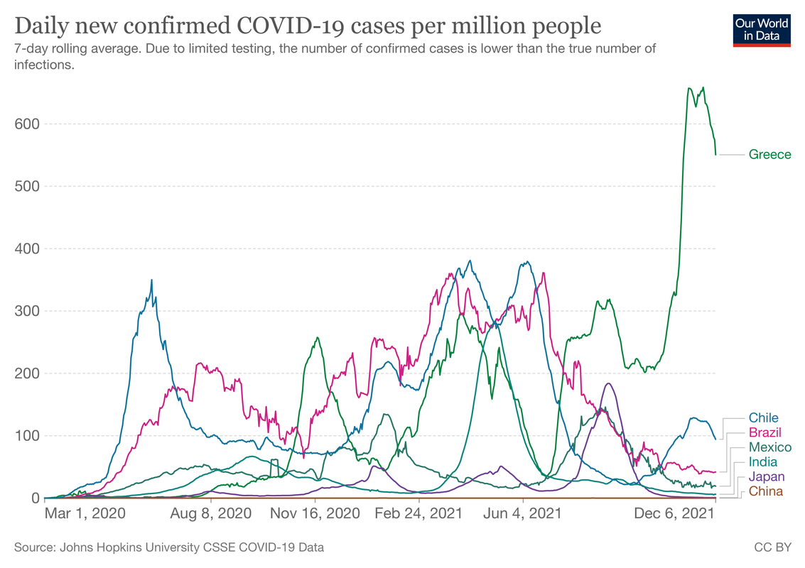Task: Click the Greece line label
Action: (x=769, y=155)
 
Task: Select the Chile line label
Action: (x=764, y=418)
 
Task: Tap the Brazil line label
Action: (x=765, y=433)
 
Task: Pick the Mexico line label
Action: (x=769, y=447)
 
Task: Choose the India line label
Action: (x=762, y=462)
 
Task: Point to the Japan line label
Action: (x=766, y=477)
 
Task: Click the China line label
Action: (x=765, y=491)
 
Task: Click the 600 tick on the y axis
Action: (x=26, y=124)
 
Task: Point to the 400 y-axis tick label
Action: (x=26, y=249)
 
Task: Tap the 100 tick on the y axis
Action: (x=26, y=436)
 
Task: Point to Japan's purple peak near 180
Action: (x=608, y=383)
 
